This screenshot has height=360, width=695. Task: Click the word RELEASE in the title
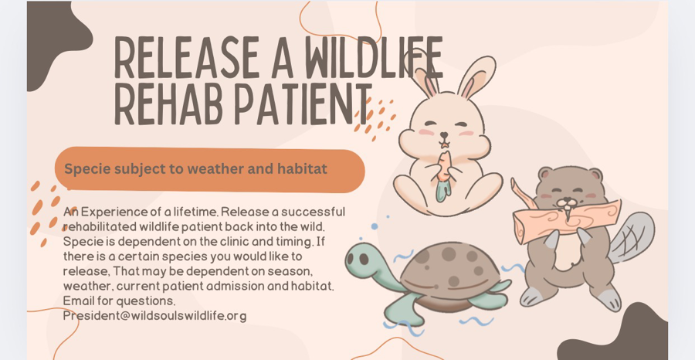tap(187, 57)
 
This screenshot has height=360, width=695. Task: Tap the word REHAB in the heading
tap(168, 104)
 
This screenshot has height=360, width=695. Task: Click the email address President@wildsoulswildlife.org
tap(154, 316)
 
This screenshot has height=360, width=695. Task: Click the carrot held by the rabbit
tap(444, 176)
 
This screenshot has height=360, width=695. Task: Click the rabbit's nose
tap(444, 134)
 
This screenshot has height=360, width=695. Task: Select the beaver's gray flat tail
tap(631, 239)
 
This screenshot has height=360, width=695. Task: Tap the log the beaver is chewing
tap(565, 219)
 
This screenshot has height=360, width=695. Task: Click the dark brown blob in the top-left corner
tap(55, 40)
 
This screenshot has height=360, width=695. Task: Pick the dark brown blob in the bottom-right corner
tap(618, 334)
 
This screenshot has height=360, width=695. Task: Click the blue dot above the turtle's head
tap(375, 226)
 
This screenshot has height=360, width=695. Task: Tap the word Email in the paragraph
tap(78, 301)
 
